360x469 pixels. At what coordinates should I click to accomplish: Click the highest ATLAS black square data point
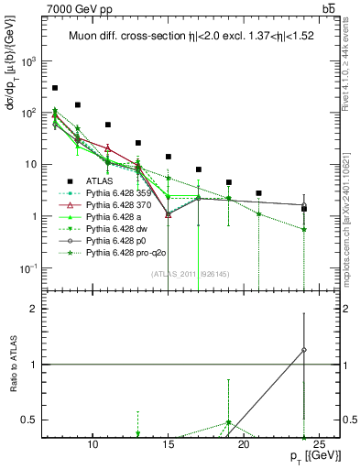click(x=55, y=88)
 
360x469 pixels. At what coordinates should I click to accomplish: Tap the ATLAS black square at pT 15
click(x=169, y=157)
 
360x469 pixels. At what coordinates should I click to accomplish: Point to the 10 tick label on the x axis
click(x=93, y=446)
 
